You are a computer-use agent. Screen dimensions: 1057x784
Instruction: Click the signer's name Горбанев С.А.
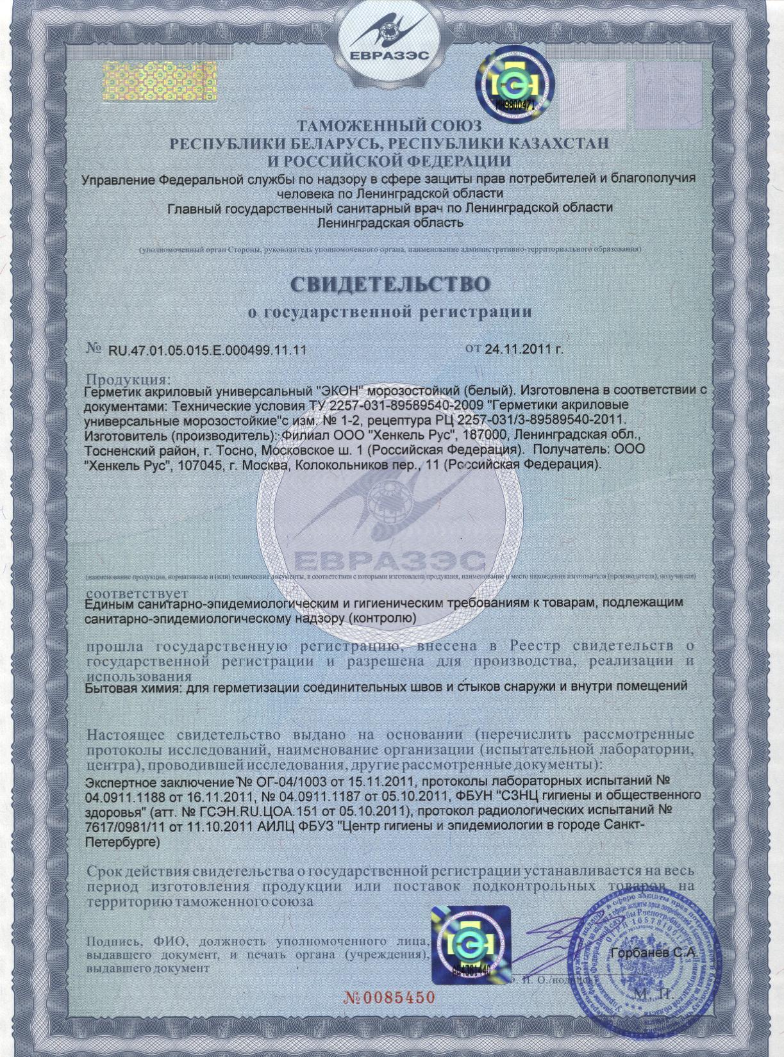coord(654,953)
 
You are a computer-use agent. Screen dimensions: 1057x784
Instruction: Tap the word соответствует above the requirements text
coord(137,592)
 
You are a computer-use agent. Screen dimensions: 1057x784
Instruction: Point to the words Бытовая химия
coord(130,686)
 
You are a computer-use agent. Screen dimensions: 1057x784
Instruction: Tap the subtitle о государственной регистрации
coord(390,313)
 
